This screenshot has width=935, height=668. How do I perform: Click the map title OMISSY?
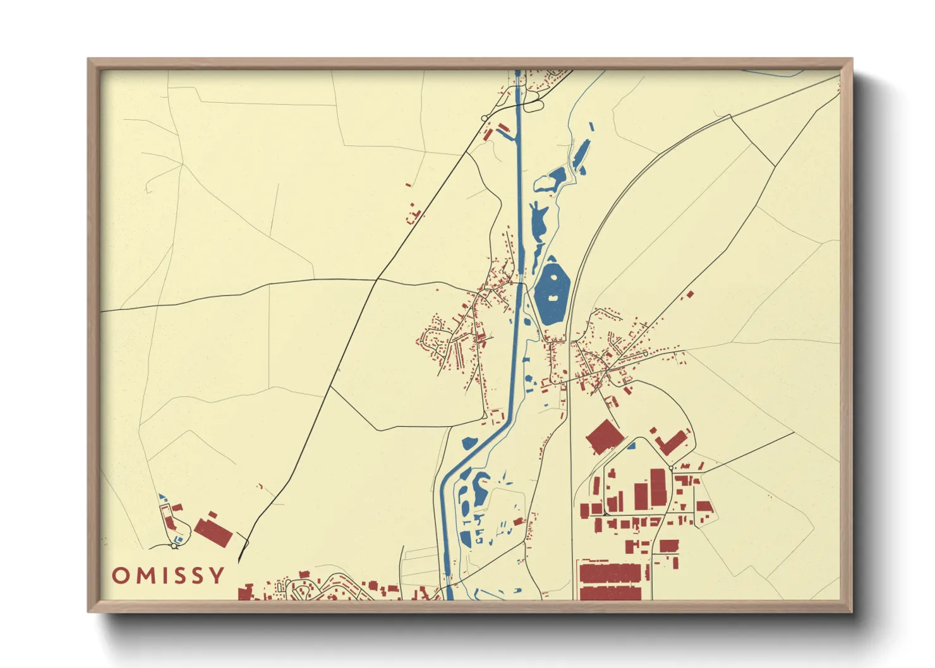tap(168, 575)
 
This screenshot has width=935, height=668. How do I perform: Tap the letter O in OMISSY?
tap(120, 575)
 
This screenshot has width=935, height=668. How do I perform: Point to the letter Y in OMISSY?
tap(217, 575)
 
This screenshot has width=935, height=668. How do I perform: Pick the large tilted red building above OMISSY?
tap(213, 532)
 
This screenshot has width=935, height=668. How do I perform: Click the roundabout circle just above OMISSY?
tap(174, 546)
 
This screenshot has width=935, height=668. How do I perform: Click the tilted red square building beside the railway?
tap(604, 436)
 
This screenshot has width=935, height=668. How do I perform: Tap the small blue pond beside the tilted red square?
tap(630, 445)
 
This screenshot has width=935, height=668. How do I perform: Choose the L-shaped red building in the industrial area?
tap(671, 441)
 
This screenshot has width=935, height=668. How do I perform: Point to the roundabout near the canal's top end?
tap(485, 118)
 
